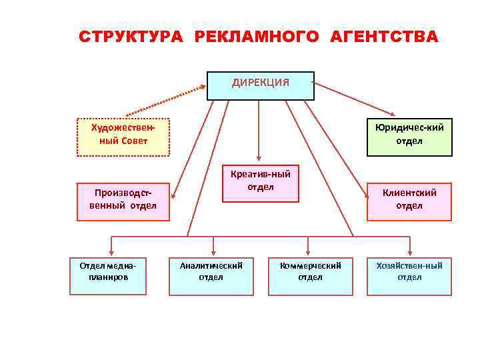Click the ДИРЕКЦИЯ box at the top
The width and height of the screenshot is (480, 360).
[260, 85]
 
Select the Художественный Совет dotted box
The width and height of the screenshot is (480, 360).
[123, 137]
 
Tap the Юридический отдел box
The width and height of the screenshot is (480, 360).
[409, 137]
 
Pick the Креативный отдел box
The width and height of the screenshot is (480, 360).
[260, 182]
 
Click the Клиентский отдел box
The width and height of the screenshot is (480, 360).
[409, 201]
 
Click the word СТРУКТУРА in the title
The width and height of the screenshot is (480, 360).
[131, 37]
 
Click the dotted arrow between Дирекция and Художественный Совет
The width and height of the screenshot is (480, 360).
[167, 100]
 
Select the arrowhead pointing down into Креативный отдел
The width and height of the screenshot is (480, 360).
[261, 158]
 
